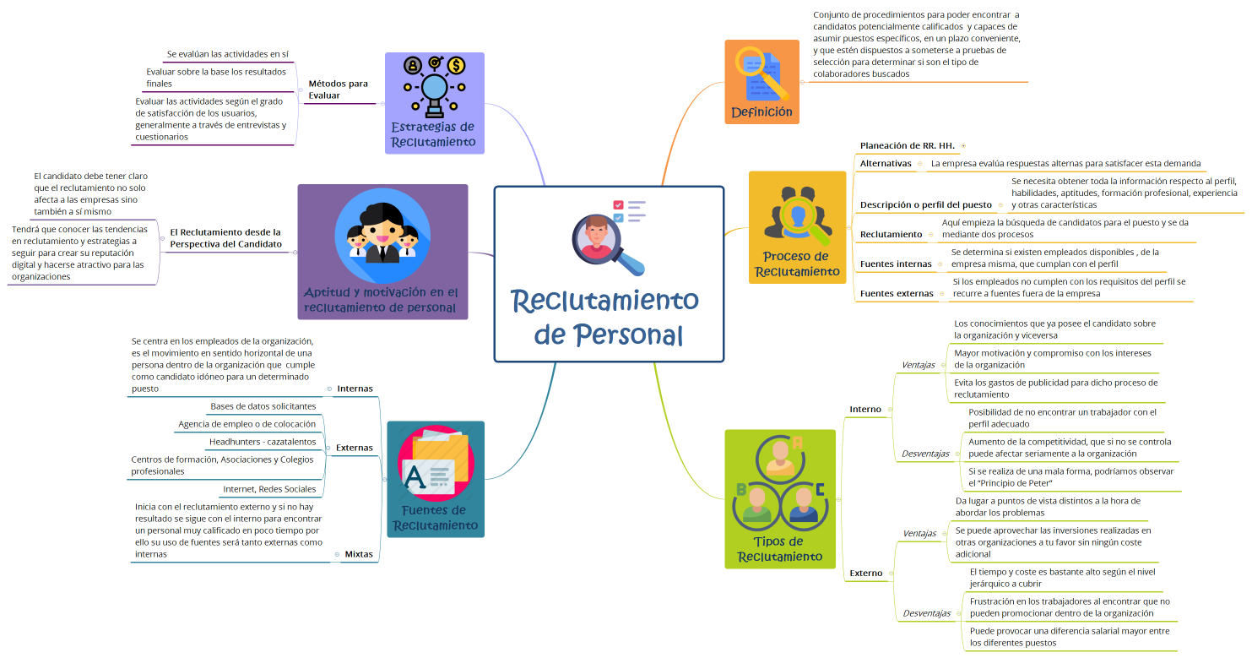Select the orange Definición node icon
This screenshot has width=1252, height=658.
(761, 74)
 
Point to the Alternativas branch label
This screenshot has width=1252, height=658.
(886, 163)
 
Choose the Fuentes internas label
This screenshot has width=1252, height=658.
(896, 264)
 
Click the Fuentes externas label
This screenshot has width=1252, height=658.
(897, 293)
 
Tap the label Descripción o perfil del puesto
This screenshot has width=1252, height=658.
(925, 204)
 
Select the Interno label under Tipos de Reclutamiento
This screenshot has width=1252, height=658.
(865, 409)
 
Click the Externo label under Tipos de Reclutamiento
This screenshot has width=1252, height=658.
(866, 573)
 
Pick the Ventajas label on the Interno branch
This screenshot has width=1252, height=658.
(919, 365)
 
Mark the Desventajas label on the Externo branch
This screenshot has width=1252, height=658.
(926, 613)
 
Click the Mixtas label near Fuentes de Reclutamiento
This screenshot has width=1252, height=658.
(359, 554)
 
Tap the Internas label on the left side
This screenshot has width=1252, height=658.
(355, 389)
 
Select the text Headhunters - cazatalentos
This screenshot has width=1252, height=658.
(263, 442)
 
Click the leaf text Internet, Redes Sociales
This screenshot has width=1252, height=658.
(269, 489)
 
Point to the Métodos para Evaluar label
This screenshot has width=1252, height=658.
(338, 90)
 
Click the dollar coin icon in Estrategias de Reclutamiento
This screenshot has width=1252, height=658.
(456, 66)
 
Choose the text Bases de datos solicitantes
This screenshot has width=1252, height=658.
(263, 406)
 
